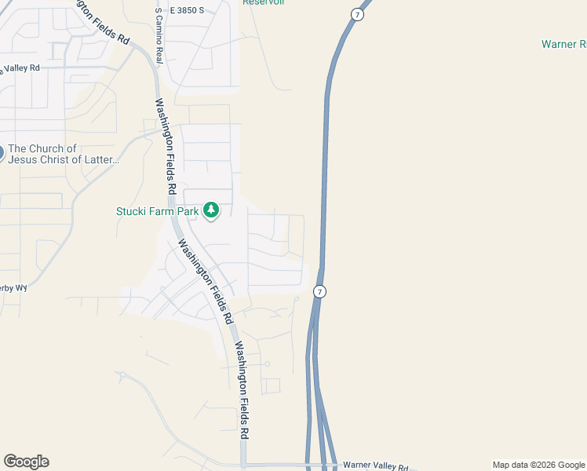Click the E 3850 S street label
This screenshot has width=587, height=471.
pyautogui.click(x=185, y=10)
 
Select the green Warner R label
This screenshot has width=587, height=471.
pyautogui.click(x=563, y=44)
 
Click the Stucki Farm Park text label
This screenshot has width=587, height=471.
pyautogui.click(x=158, y=210)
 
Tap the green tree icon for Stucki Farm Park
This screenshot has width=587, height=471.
pyautogui.click(x=210, y=210)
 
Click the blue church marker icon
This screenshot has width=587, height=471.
pyautogui.click(x=1, y=152)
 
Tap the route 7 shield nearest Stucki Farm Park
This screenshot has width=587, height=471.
pyautogui.click(x=319, y=291)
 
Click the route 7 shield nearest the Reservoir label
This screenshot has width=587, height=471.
pyautogui.click(x=357, y=15)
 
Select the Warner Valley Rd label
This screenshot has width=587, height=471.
pyautogui.click(x=376, y=467)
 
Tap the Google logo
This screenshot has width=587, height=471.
pyautogui.click(x=26, y=462)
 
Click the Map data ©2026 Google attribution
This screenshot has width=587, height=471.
pyautogui.click(x=538, y=465)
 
